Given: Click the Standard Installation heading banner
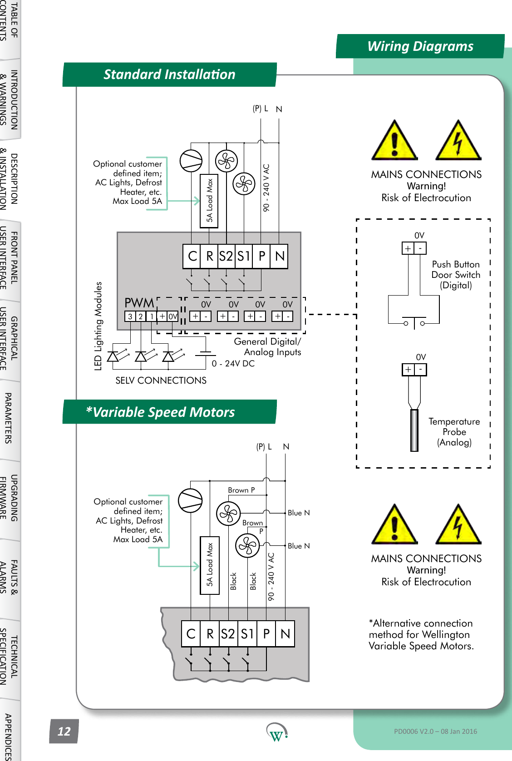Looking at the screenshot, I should [x=169, y=74].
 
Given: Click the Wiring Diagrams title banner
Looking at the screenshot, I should [x=420, y=46].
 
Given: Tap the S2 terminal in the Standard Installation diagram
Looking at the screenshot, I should [x=226, y=256].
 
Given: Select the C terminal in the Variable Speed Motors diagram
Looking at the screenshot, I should [x=191, y=633].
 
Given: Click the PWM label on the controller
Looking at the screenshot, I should [x=139, y=303].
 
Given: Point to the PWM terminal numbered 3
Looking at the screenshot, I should [x=130, y=316].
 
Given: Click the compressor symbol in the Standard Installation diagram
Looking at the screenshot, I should [x=191, y=161].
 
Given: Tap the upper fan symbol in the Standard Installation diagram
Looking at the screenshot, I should [x=226, y=161].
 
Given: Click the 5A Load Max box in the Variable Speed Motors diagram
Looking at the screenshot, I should [x=210, y=565].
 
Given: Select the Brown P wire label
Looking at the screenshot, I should [x=241, y=490].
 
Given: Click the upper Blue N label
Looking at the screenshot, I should [x=299, y=513].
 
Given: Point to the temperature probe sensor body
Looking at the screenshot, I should [x=414, y=430].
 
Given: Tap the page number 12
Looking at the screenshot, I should [x=64, y=731].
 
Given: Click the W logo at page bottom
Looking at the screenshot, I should [x=276, y=732].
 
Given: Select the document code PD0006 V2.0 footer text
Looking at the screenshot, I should [x=435, y=731].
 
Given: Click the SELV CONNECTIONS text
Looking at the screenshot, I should [x=161, y=380].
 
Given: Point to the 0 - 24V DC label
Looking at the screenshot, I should [x=233, y=363].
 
